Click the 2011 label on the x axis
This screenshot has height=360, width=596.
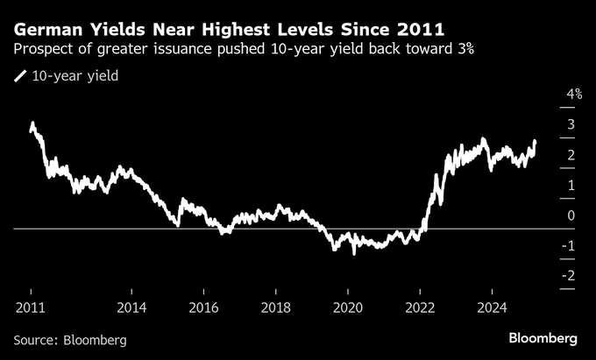tap(31, 307)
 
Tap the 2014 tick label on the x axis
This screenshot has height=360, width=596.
tap(131, 307)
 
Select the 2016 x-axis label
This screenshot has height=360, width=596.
tap(203, 307)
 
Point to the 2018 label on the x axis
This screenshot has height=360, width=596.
tap(275, 307)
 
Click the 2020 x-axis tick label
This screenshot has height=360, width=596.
tap(347, 307)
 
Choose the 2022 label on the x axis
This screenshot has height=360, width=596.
tap(420, 307)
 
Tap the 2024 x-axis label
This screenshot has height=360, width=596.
tap(492, 307)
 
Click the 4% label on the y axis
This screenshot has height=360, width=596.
tap(575, 94)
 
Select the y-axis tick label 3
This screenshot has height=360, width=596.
tap(571, 124)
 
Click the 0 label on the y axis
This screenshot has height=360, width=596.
tap(571, 215)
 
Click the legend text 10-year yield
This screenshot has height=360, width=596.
tap(75, 76)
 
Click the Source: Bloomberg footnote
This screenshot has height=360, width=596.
tap(70, 339)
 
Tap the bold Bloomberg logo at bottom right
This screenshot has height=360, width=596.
tap(543, 338)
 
